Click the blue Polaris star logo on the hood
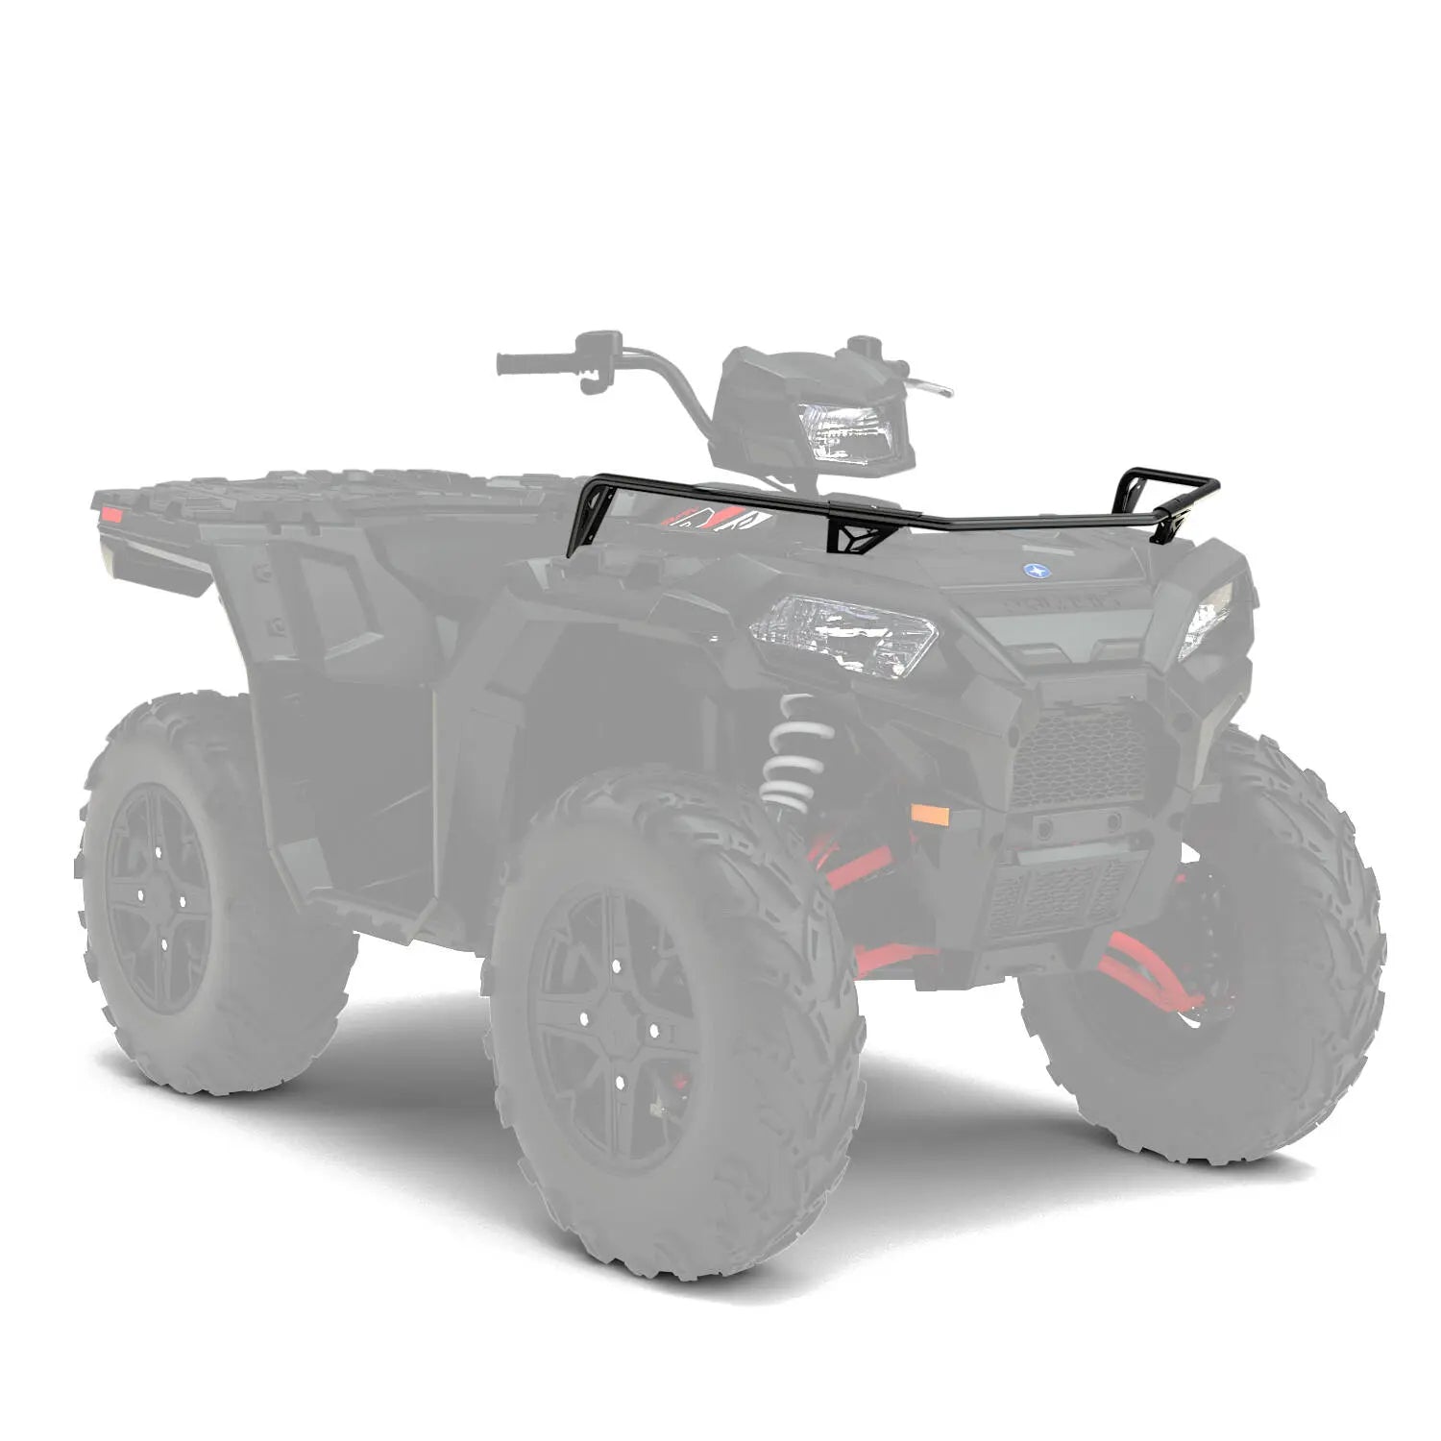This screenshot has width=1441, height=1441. click(x=1035, y=570)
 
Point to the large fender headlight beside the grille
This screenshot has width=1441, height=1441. click(x=843, y=634)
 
